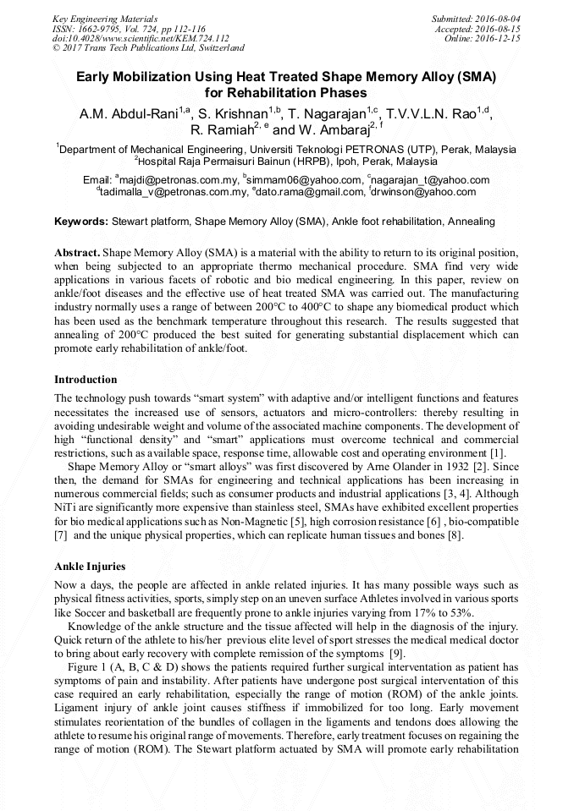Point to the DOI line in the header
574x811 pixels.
[x=141, y=38]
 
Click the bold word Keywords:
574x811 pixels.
[x=81, y=222]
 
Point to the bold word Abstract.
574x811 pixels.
[x=78, y=254]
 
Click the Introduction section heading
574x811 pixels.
[x=86, y=380]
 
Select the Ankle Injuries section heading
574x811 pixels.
[x=89, y=567]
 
